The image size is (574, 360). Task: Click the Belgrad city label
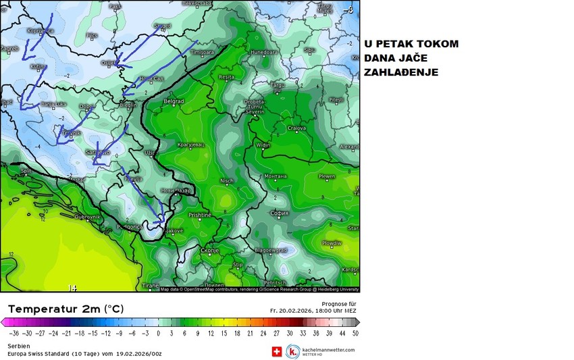coord(174,101)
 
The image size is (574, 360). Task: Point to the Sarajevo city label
coord(97,153)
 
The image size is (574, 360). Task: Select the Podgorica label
coord(130,227)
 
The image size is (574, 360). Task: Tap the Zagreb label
coord(8,49)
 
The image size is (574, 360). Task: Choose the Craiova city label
coord(296,128)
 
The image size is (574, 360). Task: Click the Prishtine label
coord(200,215)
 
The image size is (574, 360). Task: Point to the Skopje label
coord(210,251)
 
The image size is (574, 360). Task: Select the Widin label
coord(263,145)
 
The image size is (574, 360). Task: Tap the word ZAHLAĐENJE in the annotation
coord(401,72)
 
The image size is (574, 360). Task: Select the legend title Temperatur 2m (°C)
coord(66,309)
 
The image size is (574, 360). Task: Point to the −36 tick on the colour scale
coord(14,333)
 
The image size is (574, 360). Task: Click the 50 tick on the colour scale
coord(355,333)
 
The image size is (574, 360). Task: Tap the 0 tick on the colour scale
coord(158,333)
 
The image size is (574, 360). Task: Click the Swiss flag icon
coord(276,351)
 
